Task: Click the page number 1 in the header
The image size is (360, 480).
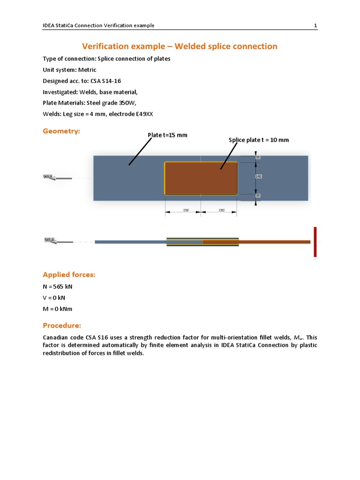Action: click(315, 25)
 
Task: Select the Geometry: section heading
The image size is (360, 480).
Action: click(61, 131)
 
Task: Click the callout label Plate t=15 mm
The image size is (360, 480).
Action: click(167, 135)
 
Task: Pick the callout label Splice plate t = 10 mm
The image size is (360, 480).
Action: click(259, 140)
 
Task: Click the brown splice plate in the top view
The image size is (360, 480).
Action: click(201, 178)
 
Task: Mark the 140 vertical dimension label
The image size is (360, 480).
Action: click(258, 176)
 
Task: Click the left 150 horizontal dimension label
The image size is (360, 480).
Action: click(186, 210)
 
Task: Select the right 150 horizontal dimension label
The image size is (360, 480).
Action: click(221, 210)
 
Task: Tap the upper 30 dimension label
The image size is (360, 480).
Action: click(257, 157)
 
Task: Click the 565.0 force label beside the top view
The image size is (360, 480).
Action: click(47, 176)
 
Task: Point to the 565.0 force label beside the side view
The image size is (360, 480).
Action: click(49, 240)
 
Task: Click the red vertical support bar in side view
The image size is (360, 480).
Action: click(315, 242)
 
